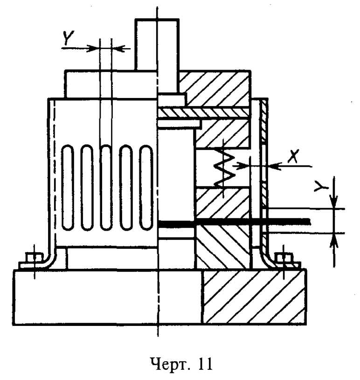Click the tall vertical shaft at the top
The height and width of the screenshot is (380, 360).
157,44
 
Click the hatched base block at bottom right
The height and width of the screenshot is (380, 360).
254,296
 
